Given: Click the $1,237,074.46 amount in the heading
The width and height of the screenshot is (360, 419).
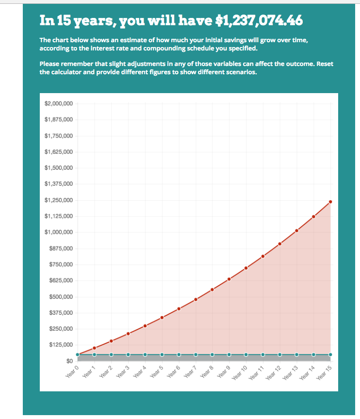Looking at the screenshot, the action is pos(259,20).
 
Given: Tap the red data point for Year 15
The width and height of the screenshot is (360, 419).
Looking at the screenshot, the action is pos(330,202).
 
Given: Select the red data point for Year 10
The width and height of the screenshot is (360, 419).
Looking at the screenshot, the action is pos(246,268).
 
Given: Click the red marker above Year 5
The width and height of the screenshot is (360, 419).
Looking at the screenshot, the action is pos(162,318).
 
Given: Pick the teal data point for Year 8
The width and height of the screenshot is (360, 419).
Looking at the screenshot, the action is pos(212,355).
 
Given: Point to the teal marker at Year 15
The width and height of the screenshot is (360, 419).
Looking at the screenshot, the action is pos(330,355).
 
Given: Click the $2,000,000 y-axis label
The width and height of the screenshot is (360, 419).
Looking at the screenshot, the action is pos(59,103).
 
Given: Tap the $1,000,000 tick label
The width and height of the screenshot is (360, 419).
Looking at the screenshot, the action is pos(59,232).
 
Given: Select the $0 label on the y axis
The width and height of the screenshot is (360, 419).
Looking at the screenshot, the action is pos(69,361).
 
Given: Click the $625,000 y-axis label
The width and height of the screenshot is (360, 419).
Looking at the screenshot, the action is pos(61,280).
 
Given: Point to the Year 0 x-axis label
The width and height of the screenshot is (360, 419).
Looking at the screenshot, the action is pos(72,371).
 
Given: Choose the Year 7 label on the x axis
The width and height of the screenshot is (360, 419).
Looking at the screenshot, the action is pos(190,371).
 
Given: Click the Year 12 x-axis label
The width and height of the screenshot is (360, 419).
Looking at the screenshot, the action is pos(273,372).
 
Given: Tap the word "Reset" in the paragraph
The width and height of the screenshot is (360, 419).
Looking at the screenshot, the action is pos(325,64).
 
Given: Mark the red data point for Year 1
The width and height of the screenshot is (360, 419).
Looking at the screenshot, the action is pos(94,348).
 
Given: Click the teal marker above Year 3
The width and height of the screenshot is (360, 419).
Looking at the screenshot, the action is pos(128,355).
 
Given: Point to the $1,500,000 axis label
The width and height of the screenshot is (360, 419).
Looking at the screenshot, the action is pos(59,168).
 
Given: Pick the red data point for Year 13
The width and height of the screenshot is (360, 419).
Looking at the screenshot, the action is pos(296,231).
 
